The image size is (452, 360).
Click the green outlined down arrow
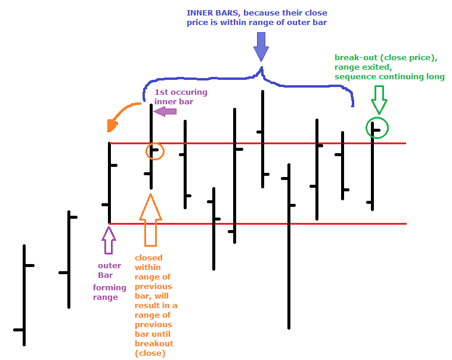(379, 99)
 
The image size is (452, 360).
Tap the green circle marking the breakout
(377, 128)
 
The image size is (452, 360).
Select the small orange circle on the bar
(155, 151)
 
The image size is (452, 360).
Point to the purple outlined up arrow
(109, 241)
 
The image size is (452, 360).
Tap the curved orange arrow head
(112, 126)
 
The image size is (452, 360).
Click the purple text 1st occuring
(181, 92)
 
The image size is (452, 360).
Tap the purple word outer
(109, 266)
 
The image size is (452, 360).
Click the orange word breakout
(154, 344)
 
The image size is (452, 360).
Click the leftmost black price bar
(24, 295)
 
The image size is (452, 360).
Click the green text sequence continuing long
(389, 77)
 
